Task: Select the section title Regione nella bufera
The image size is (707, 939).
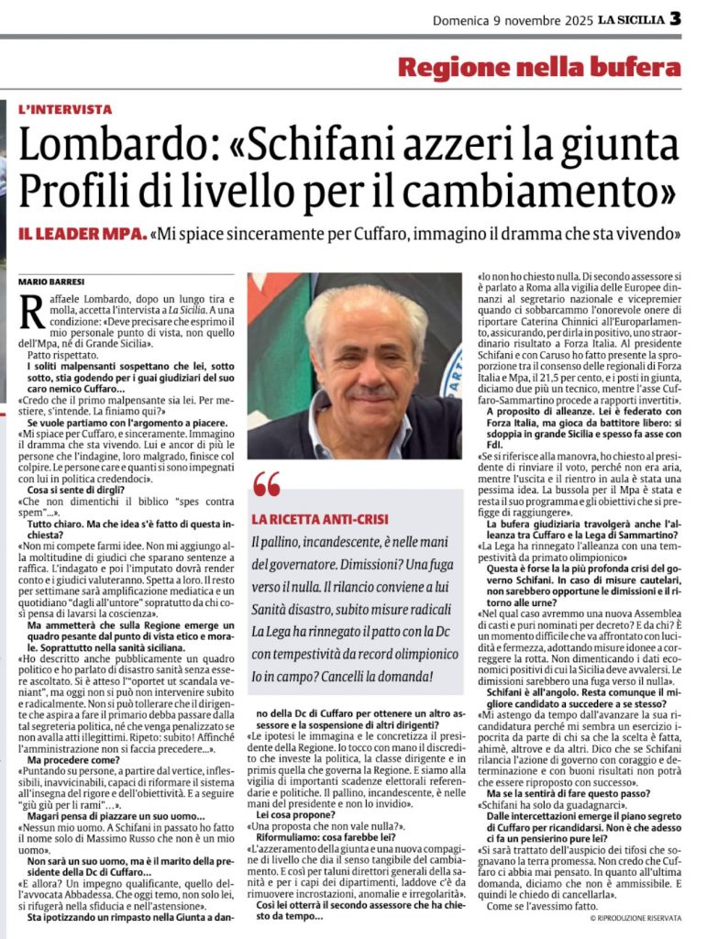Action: click(x=539, y=67)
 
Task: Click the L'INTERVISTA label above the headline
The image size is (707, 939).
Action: click(x=65, y=108)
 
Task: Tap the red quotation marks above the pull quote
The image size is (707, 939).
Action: click(x=267, y=483)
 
